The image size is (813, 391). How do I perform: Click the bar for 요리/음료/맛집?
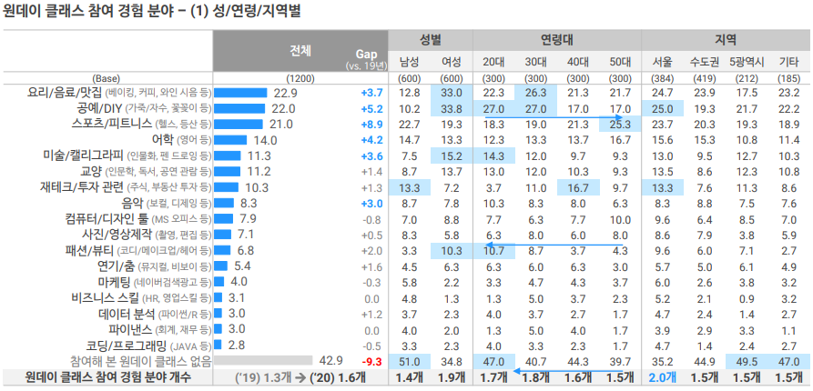[x=240, y=93]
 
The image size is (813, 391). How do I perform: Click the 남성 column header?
[x=410, y=62]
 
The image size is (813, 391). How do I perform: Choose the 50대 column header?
[x=620, y=62]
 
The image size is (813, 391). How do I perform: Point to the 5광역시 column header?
[x=747, y=62]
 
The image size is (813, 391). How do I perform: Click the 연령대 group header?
[x=556, y=40]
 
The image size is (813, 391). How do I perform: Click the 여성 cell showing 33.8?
[x=452, y=108]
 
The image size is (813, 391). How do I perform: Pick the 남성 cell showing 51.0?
[x=410, y=361]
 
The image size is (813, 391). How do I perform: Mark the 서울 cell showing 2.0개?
[x=663, y=376]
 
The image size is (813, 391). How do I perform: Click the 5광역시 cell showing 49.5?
[x=747, y=361]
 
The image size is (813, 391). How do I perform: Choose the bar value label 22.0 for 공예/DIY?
[x=283, y=108]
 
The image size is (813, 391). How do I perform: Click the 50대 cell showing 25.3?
[x=620, y=124]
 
